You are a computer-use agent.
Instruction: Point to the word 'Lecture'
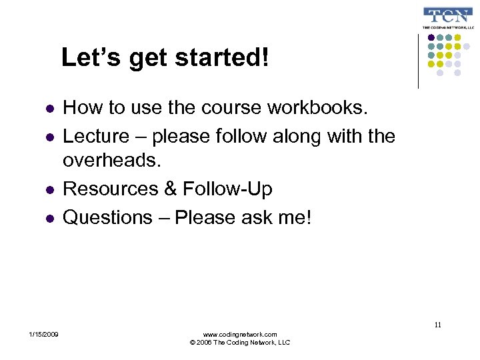coord(96,137)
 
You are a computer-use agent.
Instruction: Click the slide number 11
coord(437,325)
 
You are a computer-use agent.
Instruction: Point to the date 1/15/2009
coord(43,334)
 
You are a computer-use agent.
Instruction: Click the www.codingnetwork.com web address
coord(240,334)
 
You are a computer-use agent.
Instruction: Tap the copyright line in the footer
coord(240,343)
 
